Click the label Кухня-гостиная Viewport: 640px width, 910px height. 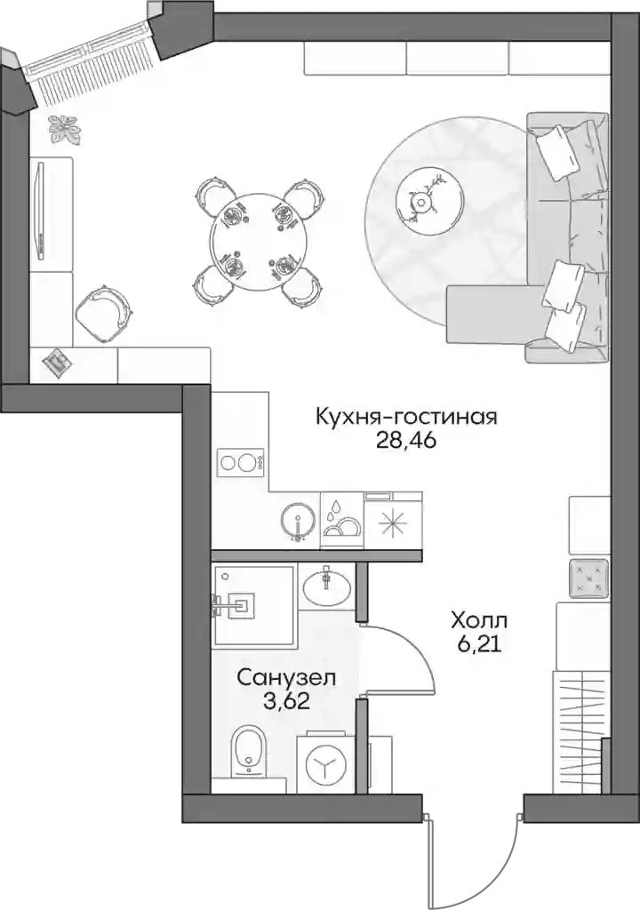tap(406, 417)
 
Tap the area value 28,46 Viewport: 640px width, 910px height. tap(406, 441)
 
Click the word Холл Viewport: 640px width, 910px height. tap(479, 621)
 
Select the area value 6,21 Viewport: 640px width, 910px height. tap(479, 645)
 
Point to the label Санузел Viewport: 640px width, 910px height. tap(286, 677)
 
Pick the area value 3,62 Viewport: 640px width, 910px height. tap(285, 701)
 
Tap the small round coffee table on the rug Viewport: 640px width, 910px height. tap(429, 201)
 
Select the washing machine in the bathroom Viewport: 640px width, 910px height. tap(325, 763)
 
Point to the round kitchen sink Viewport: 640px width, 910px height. tap(298, 519)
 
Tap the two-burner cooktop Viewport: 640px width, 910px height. tap(241, 463)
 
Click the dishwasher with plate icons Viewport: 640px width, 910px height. tap(341, 520)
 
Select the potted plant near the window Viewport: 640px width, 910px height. tap(64, 129)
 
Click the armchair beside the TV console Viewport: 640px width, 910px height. tap(103, 312)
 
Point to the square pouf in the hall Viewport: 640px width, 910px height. tap(588, 579)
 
